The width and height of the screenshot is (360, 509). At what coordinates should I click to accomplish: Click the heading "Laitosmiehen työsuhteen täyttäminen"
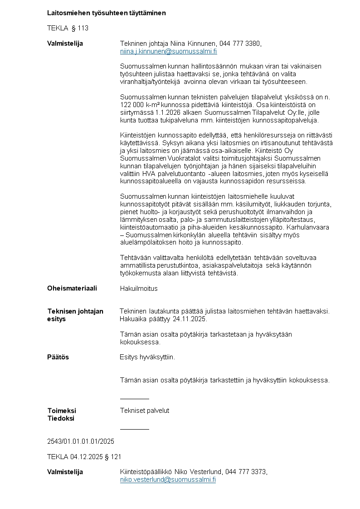click(107, 13)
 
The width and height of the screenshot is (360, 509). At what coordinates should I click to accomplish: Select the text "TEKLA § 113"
click(68, 28)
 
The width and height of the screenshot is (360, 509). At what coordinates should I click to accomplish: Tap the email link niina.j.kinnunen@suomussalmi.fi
click(169, 51)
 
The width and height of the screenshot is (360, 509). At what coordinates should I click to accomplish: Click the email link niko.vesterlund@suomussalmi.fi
click(168, 480)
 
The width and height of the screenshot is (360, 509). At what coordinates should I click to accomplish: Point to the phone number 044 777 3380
click(240, 44)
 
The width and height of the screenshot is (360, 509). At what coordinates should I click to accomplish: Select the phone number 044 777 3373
click(245, 472)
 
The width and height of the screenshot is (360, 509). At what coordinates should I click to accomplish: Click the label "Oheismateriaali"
click(72, 288)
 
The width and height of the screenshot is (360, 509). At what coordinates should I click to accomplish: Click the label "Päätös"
click(58, 357)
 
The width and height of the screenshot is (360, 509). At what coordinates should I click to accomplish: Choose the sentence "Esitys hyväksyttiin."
click(147, 357)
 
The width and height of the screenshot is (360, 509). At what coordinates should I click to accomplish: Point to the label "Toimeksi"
click(62, 411)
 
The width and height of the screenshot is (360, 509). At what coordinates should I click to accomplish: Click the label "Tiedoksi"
click(61, 418)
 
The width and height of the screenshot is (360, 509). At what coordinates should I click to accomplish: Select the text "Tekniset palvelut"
click(145, 411)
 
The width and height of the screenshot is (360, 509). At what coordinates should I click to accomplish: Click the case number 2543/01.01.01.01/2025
click(81, 441)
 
